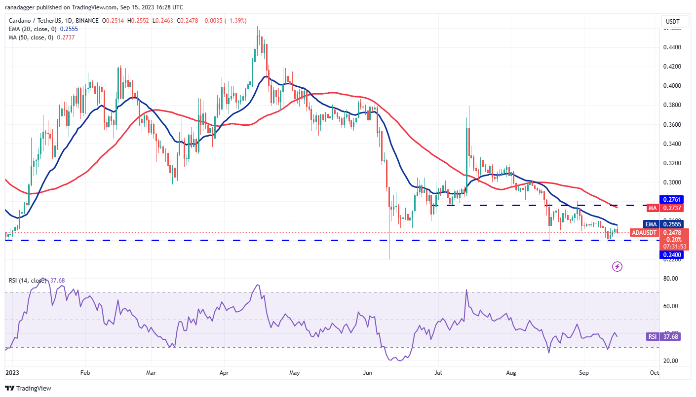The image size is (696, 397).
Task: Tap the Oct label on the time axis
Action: click(x=654, y=373)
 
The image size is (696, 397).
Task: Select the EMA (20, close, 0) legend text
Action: click(x=36, y=29)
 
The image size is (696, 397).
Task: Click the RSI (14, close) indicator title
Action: click(x=28, y=281)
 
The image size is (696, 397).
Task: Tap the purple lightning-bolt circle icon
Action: click(x=617, y=267)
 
